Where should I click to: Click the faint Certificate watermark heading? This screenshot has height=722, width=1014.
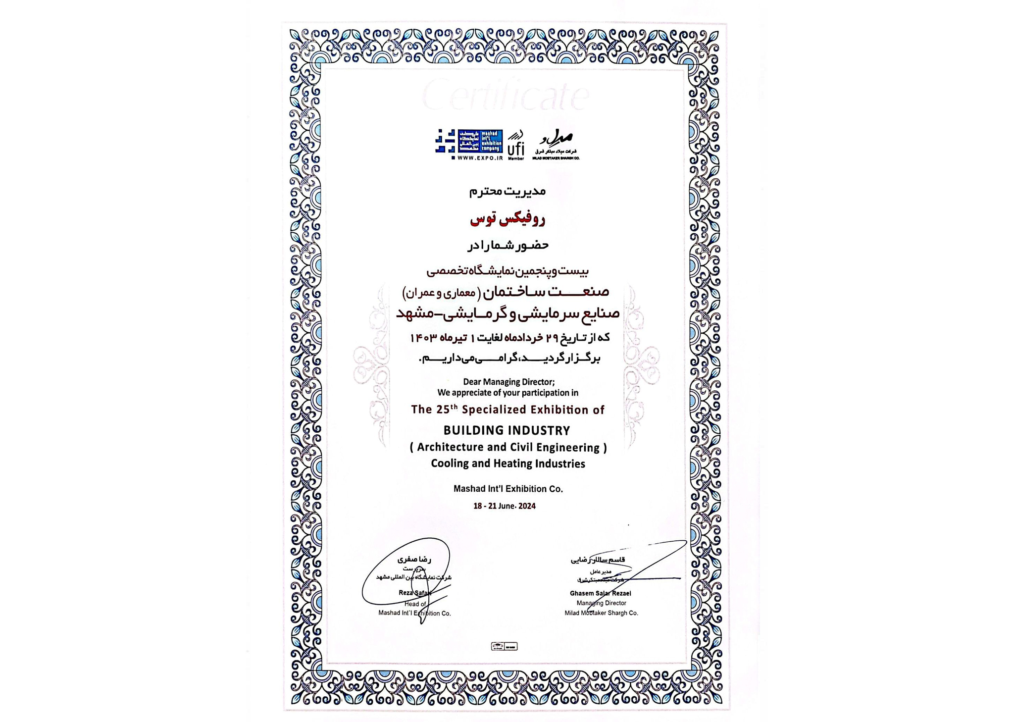pyautogui.click(x=505, y=96)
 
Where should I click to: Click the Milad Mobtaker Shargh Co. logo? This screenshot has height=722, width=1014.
pyautogui.click(x=556, y=145)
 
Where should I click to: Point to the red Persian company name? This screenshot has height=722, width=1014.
pyautogui.click(x=507, y=219)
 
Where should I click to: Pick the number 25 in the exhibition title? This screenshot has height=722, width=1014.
pyautogui.click(x=442, y=410)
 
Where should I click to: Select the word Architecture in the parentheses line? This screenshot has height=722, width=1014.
pyautogui.click(x=450, y=447)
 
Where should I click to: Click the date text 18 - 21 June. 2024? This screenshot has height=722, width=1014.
pyautogui.click(x=504, y=506)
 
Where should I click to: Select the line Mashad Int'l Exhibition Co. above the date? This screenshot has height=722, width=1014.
pyautogui.click(x=508, y=489)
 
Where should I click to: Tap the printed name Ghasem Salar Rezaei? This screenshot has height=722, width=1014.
pyautogui.click(x=600, y=593)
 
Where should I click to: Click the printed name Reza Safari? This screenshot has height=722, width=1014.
pyautogui.click(x=415, y=593)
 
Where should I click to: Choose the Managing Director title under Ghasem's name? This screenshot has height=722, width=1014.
pyautogui.click(x=601, y=603)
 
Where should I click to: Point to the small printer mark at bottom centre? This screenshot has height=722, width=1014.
pyautogui.click(x=504, y=646)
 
